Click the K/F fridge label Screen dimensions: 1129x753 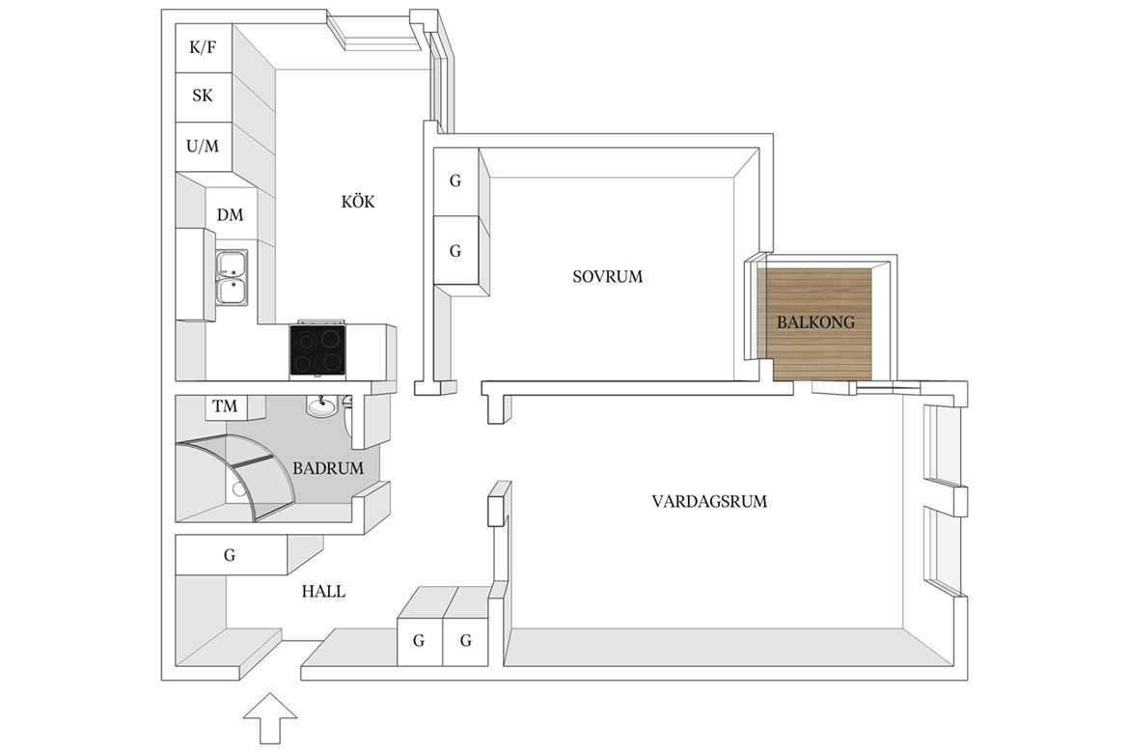tap(203, 47)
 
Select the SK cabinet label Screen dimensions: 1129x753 tap(203, 96)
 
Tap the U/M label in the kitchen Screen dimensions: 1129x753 tap(203, 147)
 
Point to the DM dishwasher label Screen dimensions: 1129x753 tap(231, 214)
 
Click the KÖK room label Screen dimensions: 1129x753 tap(358, 202)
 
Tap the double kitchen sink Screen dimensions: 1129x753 tap(233, 277)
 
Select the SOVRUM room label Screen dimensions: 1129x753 tap(608, 277)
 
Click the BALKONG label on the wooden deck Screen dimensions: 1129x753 tap(815, 322)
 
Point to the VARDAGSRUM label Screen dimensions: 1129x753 tap(709, 502)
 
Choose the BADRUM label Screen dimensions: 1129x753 tap(328, 468)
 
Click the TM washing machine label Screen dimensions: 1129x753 tap(226, 406)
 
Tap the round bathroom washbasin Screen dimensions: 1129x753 tap(322, 407)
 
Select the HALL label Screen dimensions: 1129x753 tap(323, 592)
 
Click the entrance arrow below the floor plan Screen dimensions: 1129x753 tap(270, 717)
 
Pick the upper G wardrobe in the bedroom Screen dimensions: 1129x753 tap(455, 181)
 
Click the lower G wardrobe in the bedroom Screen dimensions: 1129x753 tap(455, 251)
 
